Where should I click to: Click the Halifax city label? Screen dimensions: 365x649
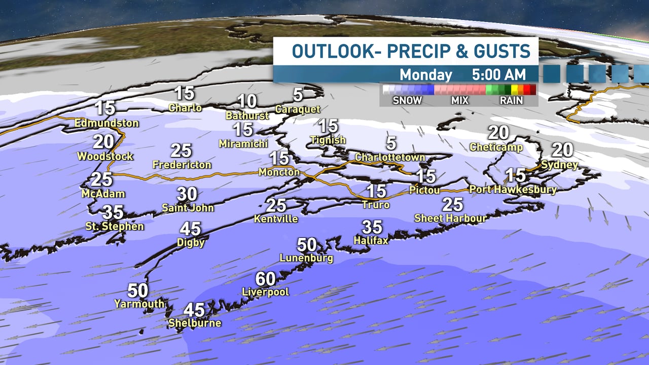(371, 240)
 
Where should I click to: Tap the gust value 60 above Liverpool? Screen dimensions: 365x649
(265, 279)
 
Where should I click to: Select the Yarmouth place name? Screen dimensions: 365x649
(139, 304)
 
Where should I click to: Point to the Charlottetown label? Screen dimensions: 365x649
(389, 157)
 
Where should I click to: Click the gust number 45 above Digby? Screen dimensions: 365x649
(191, 229)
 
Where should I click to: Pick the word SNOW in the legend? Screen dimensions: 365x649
(407, 100)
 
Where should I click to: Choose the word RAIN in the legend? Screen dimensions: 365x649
(511, 100)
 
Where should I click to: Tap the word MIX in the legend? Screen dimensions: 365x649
(460, 100)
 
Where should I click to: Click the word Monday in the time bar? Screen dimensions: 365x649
(425, 75)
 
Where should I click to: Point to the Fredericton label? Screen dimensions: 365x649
(182, 165)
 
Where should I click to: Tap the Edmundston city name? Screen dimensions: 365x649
(106, 123)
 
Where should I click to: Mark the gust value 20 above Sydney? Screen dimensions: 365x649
(562, 150)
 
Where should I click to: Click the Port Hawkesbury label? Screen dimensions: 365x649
(513, 190)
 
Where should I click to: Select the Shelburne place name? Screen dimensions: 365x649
(195, 323)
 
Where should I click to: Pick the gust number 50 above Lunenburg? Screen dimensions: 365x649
(307, 245)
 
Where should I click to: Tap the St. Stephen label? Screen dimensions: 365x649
(116, 226)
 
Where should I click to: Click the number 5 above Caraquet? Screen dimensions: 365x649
(298, 94)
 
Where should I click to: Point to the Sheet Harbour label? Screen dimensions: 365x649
(450, 218)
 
